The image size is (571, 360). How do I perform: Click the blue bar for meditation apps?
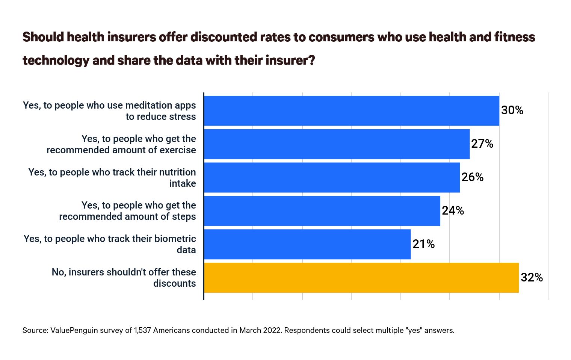[x=351, y=111]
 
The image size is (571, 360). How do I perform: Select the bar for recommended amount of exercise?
[x=337, y=144]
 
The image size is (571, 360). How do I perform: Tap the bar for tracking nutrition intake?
[x=332, y=177]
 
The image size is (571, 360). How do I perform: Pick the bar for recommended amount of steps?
[x=322, y=211]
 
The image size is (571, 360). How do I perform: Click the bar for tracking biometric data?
[x=307, y=244]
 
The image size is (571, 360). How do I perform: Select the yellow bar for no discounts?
[x=361, y=278]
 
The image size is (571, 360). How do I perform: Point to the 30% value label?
[x=512, y=110]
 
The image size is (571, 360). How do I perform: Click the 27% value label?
[x=482, y=144]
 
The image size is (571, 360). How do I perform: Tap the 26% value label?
[x=472, y=177]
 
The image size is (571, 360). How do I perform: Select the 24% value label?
[x=453, y=211]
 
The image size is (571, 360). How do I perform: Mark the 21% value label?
[x=423, y=244]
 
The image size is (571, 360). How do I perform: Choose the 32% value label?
[x=532, y=278]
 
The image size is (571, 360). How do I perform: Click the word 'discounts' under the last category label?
[x=174, y=283]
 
